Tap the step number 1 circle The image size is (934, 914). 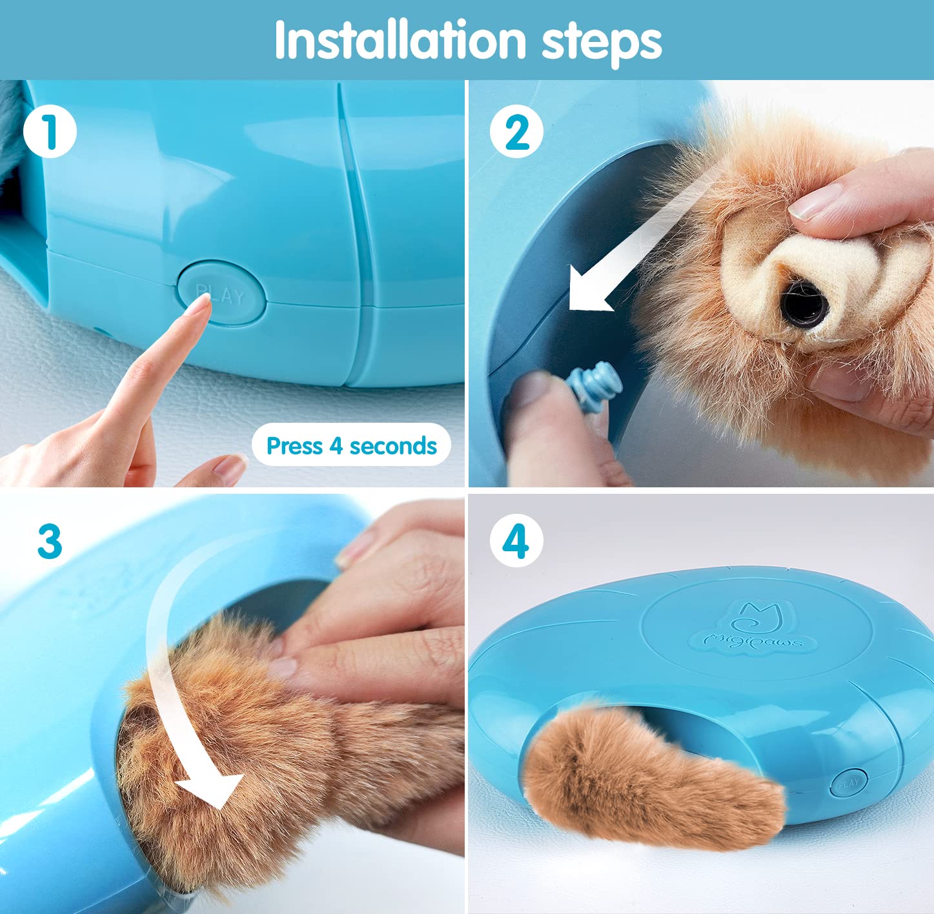tap(50, 132)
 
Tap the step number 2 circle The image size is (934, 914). tap(516, 132)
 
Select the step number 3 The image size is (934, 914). tap(50, 541)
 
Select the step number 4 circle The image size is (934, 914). tap(516, 541)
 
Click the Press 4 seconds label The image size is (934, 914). tap(351, 445)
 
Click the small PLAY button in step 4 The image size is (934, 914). tap(848, 784)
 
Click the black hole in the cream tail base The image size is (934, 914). tap(804, 301)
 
